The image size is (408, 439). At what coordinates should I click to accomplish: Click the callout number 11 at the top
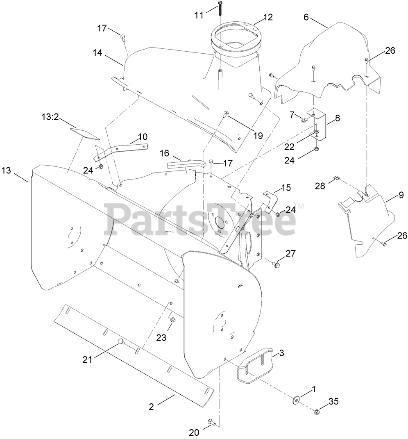(199, 16)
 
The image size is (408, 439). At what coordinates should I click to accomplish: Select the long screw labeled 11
(220, 8)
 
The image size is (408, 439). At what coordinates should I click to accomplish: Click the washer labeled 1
(295, 399)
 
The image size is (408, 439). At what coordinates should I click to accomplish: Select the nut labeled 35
(317, 412)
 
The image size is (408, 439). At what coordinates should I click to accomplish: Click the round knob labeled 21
(120, 341)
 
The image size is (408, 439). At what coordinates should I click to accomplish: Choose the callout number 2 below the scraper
(151, 407)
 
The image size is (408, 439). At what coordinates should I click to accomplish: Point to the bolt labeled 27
(276, 265)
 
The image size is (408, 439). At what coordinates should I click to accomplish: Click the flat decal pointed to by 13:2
(84, 132)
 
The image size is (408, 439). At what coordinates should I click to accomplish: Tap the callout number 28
(320, 186)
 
